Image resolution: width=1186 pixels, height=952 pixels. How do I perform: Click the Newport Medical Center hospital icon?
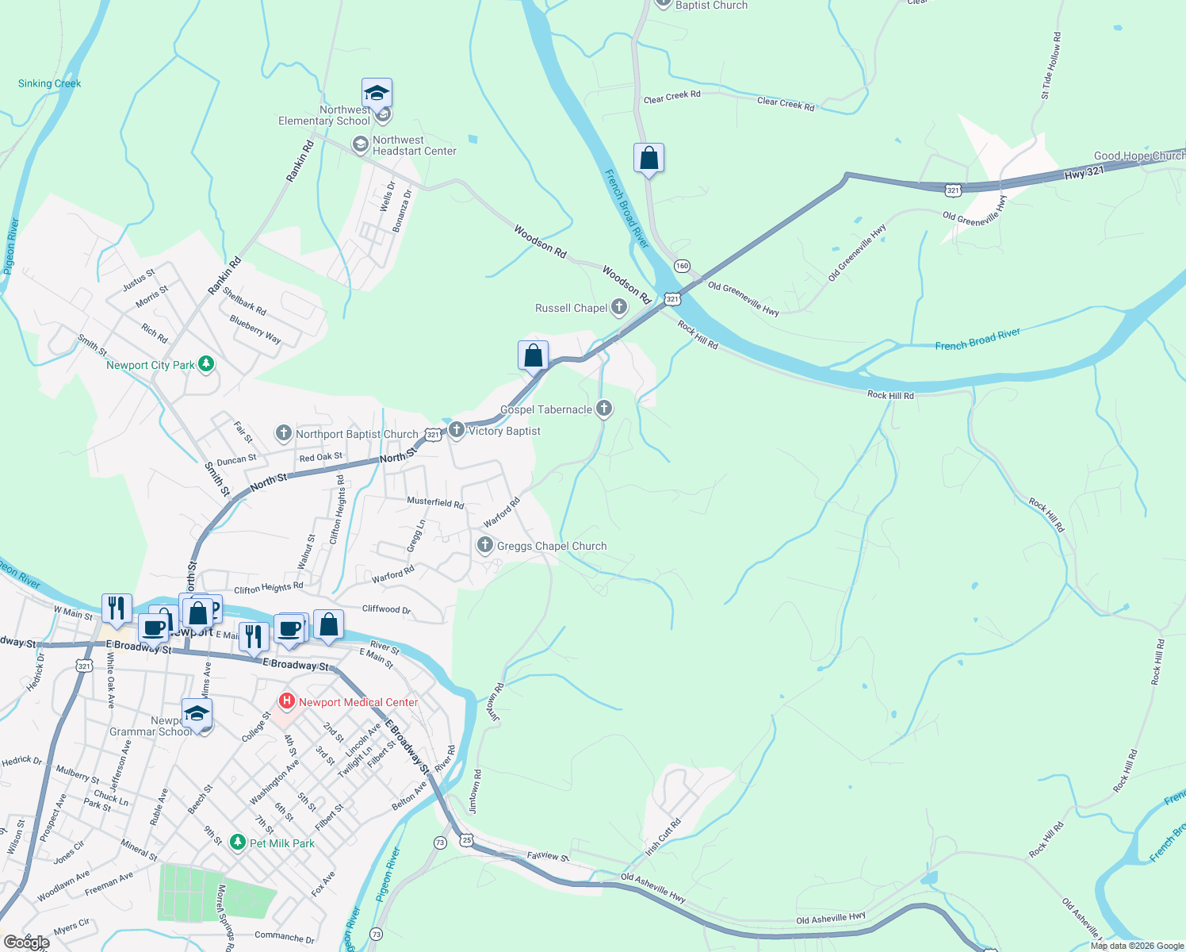pyautogui.click(x=287, y=702)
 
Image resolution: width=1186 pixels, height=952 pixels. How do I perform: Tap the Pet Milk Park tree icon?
pyautogui.click(x=237, y=843)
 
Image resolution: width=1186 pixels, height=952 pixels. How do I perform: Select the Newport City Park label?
pyautogui.click(x=151, y=365)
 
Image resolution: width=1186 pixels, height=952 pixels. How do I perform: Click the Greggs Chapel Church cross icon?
pyautogui.click(x=484, y=546)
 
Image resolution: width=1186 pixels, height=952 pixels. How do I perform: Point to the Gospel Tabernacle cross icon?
pyautogui.click(x=604, y=409)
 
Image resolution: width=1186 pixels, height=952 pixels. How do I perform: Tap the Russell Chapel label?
pyautogui.click(x=571, y=308)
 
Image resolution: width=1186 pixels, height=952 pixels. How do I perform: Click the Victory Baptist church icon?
pyautogui.click(x=457, y=430)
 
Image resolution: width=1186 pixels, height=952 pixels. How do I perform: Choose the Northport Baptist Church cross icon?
pyautogui.click(x=283, y=433)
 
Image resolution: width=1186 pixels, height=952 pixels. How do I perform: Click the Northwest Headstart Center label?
pyautogui.click(x=415, y=145)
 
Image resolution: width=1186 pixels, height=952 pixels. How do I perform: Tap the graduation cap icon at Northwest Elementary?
pyautogui.click(x=377, y=94)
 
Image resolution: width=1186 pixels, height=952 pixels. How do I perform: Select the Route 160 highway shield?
pyautogui.click(x=682, y=266)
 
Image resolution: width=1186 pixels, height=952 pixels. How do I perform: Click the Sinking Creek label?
pyautogui.click(x=49, y=83)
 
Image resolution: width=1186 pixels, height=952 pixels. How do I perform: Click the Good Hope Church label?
pyautogui.click(x=1139, y=155)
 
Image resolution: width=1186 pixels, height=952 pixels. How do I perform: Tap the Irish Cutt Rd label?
pyautogui.click(x=663, y=837)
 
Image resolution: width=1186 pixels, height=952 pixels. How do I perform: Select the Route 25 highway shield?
pyautogui.click(x=467, y=840)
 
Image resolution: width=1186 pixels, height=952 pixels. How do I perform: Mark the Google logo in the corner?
pyautogui.click(x=25, y=942)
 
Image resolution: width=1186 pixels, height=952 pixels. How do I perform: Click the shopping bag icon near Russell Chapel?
pyautogui.click(x=534, y=355)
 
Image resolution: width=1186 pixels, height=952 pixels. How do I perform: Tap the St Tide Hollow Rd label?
pyautogui.click(x=1051, y=66)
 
